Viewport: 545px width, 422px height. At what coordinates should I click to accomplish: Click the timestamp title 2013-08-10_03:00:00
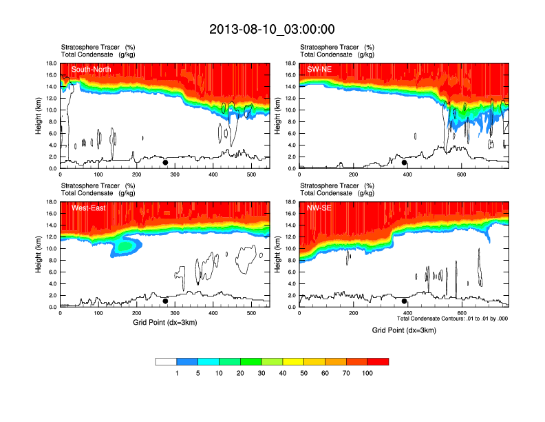click(x=272, y=29)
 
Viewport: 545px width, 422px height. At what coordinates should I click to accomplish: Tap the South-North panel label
click(x=91, y=69)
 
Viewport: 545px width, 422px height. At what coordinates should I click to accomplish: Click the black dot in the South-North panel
click(x=165, y=163)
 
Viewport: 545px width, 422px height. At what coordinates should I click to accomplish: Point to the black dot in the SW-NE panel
click(x=405, y=163)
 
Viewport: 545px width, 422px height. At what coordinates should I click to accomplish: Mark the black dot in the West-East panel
click(x=165, y=301)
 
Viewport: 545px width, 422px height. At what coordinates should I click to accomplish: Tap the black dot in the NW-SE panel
click(x=405, y=301)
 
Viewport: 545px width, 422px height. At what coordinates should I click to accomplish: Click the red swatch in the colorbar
click(x=378, y=361)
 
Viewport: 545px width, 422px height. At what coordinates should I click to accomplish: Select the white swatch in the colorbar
click(x=166, y=361)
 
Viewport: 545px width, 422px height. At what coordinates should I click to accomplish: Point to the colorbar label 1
click(x=177, y=373)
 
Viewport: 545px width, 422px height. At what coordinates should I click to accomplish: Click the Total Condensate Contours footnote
click(x=452, y=319)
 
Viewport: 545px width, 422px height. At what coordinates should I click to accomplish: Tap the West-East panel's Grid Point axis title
click(x=164, y=322)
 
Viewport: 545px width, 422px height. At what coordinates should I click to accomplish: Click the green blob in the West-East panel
click(x=125, y=246)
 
